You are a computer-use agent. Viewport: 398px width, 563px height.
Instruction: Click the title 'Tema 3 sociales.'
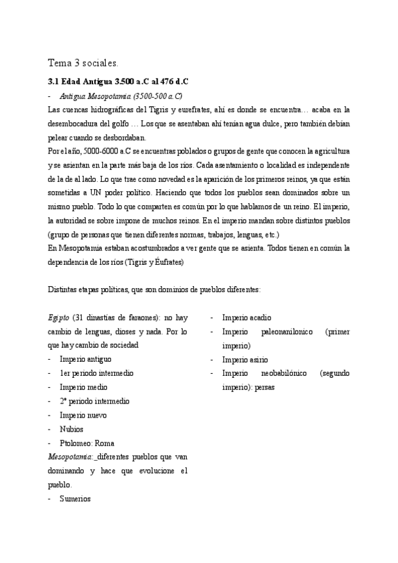pyautogui.click(x=82, y=64)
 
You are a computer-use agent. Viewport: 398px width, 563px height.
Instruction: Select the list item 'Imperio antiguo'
pyautogui.click(x=85, y=359)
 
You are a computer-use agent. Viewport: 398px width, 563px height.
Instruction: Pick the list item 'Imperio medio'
pyautogui.click(x=83, y=387)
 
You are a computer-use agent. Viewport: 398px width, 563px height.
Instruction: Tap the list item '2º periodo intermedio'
pyautogui.click(x=94, y=401)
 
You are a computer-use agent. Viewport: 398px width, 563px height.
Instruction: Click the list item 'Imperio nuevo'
pyautogui.click(x=83, y=415)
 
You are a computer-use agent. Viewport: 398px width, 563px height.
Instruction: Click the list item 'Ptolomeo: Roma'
pyautogui.click(x=86, y=443)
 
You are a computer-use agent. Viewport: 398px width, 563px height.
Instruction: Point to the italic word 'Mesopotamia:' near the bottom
pyautogui.click(x=70, y=457)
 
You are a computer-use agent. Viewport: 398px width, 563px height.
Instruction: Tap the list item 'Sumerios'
pyautogui.click(x=74, y=499)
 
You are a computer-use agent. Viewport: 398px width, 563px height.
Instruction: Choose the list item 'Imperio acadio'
pyautogui.click(x=247, y=317)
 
